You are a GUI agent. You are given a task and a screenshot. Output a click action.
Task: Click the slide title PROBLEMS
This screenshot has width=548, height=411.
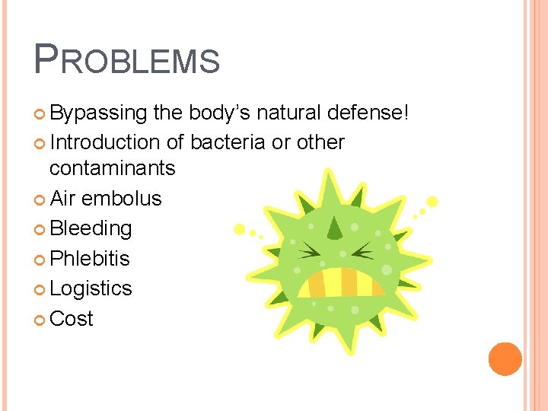pos(126,59)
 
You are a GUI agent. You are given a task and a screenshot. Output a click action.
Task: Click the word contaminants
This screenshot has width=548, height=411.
pos(113,167)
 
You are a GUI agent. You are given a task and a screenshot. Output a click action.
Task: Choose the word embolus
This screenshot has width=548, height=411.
pos(121,199)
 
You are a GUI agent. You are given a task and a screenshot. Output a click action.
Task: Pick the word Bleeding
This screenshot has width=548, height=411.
pos(91,228)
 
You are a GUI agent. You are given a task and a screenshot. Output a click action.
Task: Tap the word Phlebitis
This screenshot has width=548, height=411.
pos(90,259)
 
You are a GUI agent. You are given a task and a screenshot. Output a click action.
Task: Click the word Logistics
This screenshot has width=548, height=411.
pos(91,288)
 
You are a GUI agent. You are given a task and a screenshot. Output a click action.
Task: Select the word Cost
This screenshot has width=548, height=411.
pos(72,319)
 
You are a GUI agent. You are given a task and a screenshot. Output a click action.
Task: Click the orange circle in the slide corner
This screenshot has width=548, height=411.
pos(505,359)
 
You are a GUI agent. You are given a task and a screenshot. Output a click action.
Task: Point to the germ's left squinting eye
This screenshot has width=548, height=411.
pos(311,249)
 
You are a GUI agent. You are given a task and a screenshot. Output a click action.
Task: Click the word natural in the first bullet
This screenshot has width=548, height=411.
pos(289,113)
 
